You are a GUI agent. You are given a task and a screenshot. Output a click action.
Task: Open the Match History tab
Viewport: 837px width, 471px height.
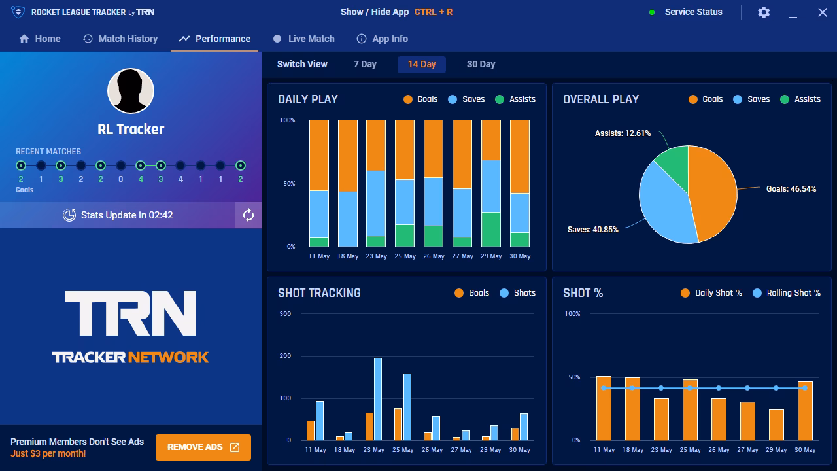tap(120, 39)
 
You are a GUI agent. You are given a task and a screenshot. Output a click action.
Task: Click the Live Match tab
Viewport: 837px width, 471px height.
tap(304, 39)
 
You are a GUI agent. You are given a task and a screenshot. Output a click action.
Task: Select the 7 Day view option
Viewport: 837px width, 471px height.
tap(365, 64)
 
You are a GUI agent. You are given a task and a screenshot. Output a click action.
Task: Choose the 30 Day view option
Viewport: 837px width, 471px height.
tap(481, 64)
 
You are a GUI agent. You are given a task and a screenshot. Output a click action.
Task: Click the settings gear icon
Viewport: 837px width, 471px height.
tap(763, 12)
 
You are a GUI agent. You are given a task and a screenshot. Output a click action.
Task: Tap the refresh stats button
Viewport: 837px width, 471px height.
tap(248, 215)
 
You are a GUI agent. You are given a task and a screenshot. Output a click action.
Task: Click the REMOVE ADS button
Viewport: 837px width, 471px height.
tap(203, 447)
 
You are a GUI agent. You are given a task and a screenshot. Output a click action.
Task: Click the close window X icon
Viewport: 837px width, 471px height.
tap(822, 12)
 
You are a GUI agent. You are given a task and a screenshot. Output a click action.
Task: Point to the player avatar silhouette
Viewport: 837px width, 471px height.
tap(131, 91)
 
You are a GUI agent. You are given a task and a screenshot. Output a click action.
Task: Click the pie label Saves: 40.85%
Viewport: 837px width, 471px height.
tap(592, 230)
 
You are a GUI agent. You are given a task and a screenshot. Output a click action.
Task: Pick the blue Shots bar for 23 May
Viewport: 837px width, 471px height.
tap(378, 399)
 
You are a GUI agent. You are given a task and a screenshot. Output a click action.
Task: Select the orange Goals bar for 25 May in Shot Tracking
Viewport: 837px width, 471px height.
tap(398, 425)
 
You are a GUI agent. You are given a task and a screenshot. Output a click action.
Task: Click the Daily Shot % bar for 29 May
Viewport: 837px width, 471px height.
tap(776, 425)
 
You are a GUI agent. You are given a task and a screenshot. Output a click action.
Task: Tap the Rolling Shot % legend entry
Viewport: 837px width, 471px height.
tap(787, 293)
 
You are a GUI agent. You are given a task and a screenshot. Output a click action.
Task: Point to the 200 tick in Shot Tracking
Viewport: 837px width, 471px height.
tap(285, 356)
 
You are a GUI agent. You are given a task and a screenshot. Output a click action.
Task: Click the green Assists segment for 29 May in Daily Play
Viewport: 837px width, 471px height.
tap(491, 230)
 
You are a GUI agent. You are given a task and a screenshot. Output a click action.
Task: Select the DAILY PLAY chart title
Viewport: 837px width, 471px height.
tap(308, 99)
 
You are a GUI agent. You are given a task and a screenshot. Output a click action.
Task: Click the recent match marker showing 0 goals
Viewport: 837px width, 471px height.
tap(121, 166)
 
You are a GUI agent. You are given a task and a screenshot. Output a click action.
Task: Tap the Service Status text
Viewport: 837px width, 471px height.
tap(694, 12)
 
